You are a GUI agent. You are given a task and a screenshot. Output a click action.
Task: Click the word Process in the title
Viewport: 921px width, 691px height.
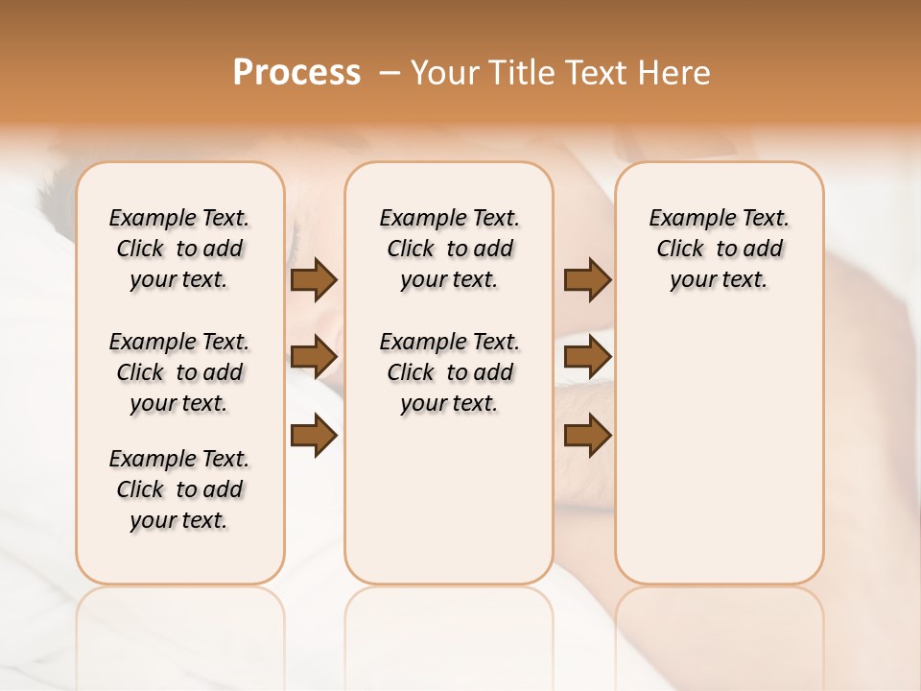pyautogui.click(x=296, y=73)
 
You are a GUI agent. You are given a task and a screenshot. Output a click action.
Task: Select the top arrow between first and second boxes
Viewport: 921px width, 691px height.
pyautogui.click(x=314, y=280)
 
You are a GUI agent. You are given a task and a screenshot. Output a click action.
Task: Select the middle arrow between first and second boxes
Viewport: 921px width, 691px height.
pyautogui.click(x=314, y=357)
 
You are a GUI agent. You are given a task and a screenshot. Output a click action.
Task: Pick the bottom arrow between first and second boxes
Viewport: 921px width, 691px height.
pyautogui.click(x=314, y=435)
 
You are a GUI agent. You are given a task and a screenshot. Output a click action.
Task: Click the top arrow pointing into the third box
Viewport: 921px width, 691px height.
pyautogui.click(x=587, y=280)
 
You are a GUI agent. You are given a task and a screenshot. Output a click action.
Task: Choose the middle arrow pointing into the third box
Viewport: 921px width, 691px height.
pyautogui.click(x=587, y=357)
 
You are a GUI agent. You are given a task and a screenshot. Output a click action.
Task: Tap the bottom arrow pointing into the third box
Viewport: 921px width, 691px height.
pyautogui.click(x=587, y=435)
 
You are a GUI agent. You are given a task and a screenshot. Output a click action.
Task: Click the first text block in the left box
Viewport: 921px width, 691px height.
pyautogui.click(x=179, y=249)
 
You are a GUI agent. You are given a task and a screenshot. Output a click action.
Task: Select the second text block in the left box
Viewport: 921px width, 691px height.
pyautogui.click(x=179, y=372)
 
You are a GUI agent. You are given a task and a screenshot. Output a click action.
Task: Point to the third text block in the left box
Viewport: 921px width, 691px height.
pyautogui.click(x=179, y=489)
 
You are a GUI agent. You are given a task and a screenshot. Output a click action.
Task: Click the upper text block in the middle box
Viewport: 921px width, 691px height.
pyautogui.click(x=449, y=249)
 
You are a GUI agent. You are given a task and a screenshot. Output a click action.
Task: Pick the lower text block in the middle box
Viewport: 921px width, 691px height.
pyautogui.click(x=449, y=372)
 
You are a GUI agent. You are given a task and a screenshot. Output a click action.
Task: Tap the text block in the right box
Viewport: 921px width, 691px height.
pyautogui.click(x=720, y=249)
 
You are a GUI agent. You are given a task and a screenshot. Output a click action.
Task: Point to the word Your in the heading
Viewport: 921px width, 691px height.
pyautogui.click(x=445, y=73)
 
